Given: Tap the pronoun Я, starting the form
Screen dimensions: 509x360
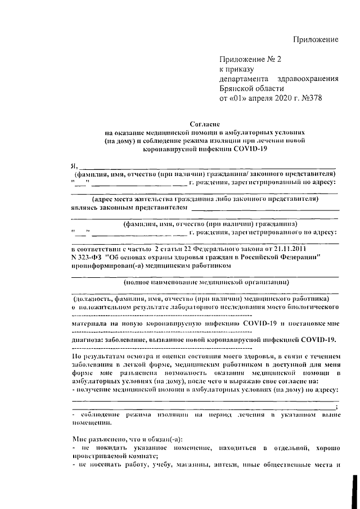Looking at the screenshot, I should click(x=73, y=165).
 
